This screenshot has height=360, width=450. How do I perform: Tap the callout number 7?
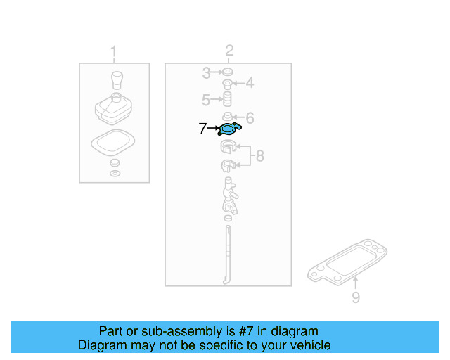[202, 129]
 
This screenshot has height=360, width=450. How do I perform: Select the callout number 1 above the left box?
[114, 51]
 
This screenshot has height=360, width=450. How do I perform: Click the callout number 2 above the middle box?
[229, 50]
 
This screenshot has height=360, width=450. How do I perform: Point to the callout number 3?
[206, 72]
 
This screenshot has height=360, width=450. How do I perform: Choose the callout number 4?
[249, 84]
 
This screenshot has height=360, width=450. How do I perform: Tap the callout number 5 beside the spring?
[206, 99]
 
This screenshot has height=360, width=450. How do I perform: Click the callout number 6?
[249, 118]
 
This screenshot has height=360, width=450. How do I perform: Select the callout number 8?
[259, 156]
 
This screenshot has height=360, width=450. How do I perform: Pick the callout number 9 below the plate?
[356, 297]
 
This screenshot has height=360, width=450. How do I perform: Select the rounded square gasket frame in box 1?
[113, 144]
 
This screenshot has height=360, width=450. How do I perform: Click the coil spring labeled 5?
[228, 100]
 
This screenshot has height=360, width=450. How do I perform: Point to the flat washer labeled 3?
[228, 72]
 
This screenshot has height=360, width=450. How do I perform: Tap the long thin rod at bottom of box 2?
[228, 253]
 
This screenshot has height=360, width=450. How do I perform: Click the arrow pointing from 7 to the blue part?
[214, 129]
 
